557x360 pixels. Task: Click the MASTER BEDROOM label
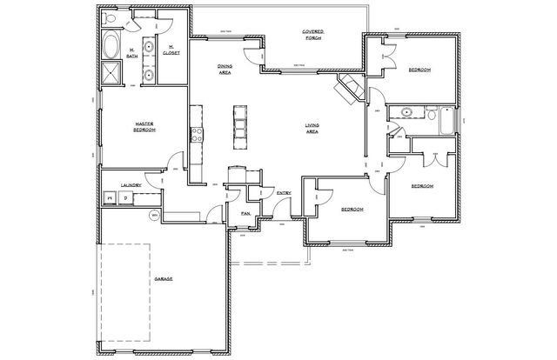(144, 126)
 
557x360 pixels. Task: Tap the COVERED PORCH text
(313, 35)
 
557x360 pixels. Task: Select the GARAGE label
(163, 278)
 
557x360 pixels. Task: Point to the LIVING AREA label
(312, 129)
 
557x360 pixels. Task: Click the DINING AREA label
(225, 70)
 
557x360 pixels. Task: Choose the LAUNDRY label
(131, 185)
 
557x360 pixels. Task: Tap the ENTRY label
(284, 193)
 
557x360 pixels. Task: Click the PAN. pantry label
(246, 212)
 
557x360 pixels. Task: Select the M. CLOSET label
(171, 49)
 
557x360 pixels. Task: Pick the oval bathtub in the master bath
(111, 45)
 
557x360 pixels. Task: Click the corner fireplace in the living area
(348, 88)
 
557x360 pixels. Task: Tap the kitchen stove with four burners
(197, 135)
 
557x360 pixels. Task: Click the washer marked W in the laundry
(110, 199)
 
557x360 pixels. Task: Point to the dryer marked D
(125, 199)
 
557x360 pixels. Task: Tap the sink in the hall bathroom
(406, 113)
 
